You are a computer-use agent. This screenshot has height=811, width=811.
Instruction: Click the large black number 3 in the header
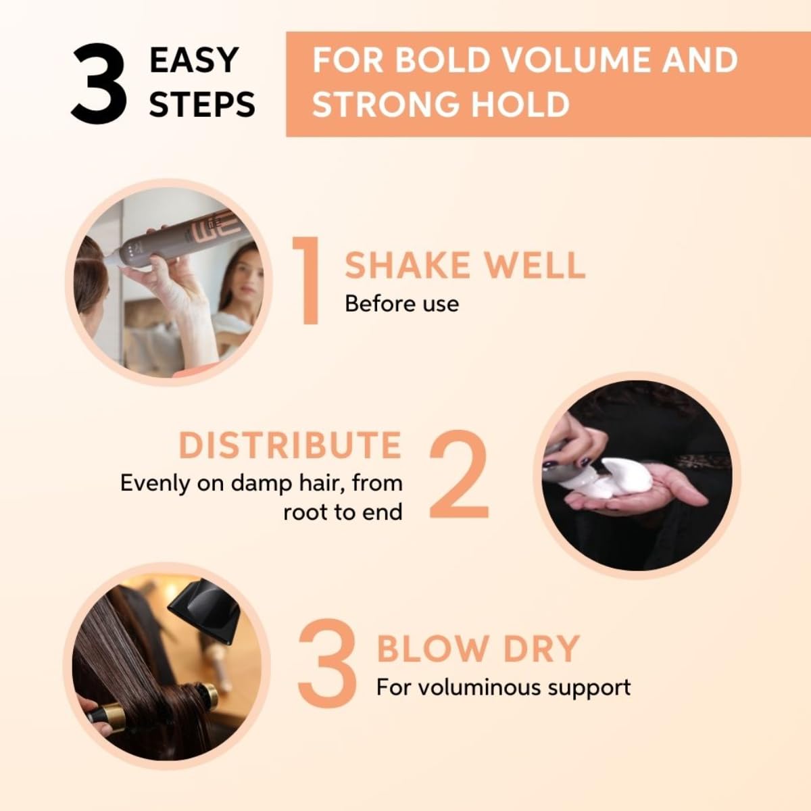pyautogui.click(x=100, y=84)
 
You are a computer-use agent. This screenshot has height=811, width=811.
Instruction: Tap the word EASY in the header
pyautogui.click(x=193, y=60)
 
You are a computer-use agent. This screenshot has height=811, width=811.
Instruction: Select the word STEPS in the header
pyautogui.click(x=202, y=103)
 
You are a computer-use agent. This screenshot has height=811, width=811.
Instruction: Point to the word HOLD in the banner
pyautogui.click(x=520, y=103)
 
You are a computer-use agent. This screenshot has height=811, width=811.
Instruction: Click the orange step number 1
pyautogui.click(x=306, y=280)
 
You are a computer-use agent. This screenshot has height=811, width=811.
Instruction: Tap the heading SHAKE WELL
pyautogui.click(x=465, y=265)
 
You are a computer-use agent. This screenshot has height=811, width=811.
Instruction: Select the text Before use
pyautogui.click(x=401, y=304)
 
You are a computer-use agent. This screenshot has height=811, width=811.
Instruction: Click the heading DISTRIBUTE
pyautogui.click(x=291, y=445)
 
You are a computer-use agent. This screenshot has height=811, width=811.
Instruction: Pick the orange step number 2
pyautogui.click(x=460, y=474)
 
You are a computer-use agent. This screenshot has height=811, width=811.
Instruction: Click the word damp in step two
pyautogui.click(x=261, y=484)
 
